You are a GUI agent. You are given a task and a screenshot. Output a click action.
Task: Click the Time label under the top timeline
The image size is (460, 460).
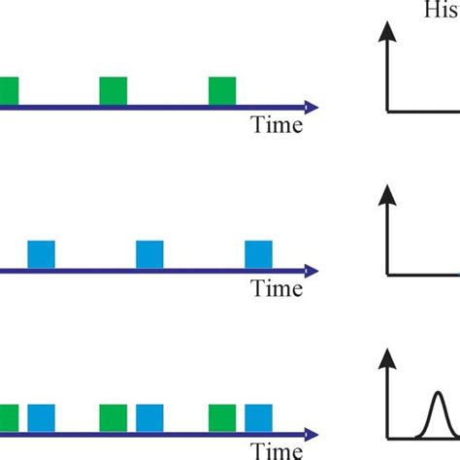(278, 125)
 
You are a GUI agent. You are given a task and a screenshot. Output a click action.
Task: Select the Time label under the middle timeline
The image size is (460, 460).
(278, 288)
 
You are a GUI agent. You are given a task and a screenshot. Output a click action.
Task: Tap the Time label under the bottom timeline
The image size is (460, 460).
(278, 450)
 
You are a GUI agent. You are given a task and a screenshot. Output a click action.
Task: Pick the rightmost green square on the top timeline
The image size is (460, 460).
(222, 90)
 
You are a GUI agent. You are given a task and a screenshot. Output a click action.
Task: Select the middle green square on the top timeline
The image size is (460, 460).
(114, 90)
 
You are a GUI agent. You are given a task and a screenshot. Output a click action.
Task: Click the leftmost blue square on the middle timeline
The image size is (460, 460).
(42, 253)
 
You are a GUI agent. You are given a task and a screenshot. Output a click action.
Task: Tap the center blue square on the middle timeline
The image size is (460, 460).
(150, 253)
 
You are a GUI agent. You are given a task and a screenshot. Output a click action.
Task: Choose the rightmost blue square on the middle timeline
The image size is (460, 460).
(259, 253)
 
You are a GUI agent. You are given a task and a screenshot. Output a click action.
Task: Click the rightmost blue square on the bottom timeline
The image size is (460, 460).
(259, 417)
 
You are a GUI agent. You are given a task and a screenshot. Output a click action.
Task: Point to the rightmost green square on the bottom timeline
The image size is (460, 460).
(222, 417)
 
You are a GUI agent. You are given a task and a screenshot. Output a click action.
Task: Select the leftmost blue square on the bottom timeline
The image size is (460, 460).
(42, 417)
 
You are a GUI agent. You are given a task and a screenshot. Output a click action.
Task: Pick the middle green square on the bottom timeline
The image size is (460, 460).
(114, 417)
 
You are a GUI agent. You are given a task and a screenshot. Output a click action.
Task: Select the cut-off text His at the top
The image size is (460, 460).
(442, 11)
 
